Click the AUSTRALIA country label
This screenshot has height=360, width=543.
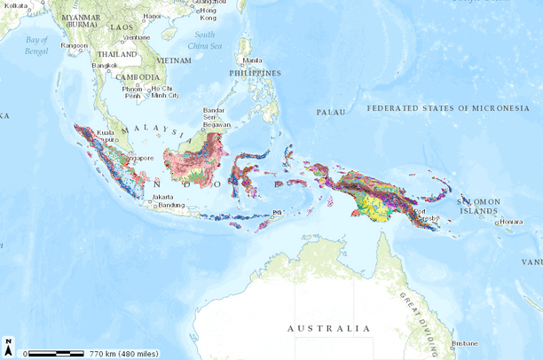pyautogui.click(x=328, y=328)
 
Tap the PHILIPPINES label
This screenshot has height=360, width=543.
pyautogui.click(x=255, y=73)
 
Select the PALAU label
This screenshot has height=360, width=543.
pyautogui.click(x=329, y=113)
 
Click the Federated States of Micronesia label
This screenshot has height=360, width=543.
pyautogui.click(x=448, y=108)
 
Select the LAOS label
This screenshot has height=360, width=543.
pyautogui.click(x=122, y=28)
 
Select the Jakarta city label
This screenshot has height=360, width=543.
pyautogui.click(x=162, y=197)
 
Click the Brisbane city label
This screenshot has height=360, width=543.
pyautogui.click(x=464, y=342)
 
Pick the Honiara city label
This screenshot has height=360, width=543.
pyautogui.click(x=510, y=222)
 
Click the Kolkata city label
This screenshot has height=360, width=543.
pyautogui.click(x=16, y=6)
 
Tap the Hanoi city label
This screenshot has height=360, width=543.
pyautogui.click(x=153, y=16)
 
